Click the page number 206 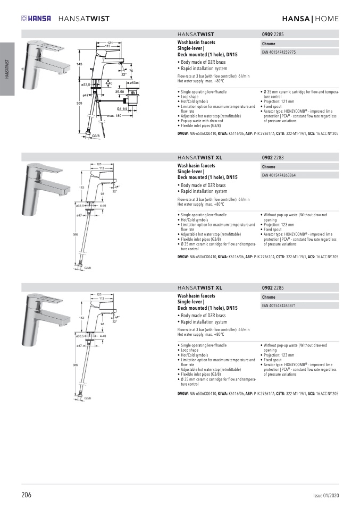[27, 495]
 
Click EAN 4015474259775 [279, 53]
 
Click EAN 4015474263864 [279, 175]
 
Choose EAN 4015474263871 [279, 306]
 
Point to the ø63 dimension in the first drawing [133, 83]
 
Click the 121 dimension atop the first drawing [110, 42]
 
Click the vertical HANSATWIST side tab [7, 69]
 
